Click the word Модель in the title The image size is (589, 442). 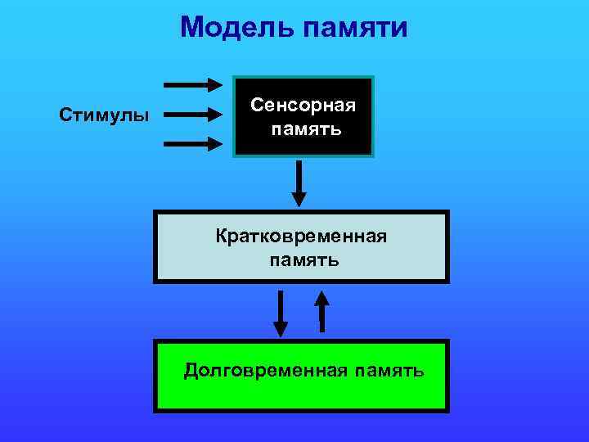238,28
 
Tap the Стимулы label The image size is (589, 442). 104,114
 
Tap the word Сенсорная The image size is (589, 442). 303,106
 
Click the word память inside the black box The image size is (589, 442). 303,130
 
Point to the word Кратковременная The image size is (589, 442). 301,237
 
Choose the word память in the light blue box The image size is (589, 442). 301,261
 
